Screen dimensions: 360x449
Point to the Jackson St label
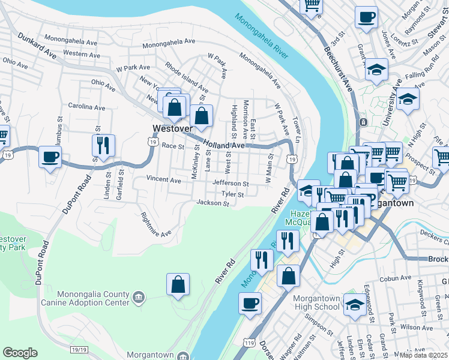[x=213, y=204]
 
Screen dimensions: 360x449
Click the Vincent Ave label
[x=163, y=180]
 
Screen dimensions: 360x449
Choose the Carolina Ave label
[x=86, y=107]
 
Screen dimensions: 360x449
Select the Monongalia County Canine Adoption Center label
[x=94, y=298]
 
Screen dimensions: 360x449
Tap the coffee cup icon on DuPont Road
[x=50, y=157]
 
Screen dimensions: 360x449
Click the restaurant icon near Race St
[x=103, y=145]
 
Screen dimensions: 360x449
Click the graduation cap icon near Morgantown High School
[x=355, y=304]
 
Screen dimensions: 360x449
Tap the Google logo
[x=20, y=353]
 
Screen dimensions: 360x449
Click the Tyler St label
[x=232, y=194]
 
